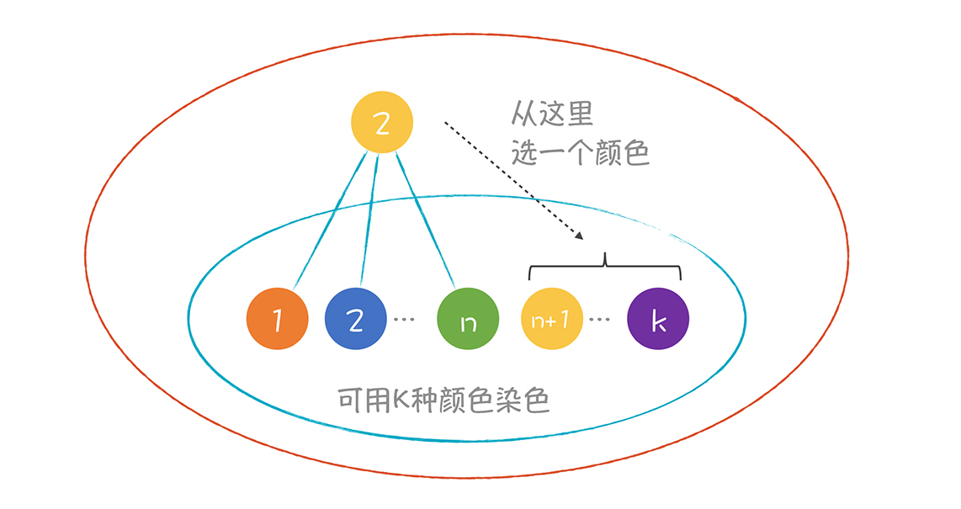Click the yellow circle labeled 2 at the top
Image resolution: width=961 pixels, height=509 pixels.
click(x=382, y=123)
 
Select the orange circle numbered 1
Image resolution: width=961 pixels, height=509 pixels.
click(x=277, y=320)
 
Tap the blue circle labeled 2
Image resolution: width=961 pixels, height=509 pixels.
click(x=355, y=320)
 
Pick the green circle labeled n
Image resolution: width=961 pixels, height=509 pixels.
click(x=469, y=320)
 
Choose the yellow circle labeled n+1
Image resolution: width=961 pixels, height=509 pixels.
click(x=552, y=320)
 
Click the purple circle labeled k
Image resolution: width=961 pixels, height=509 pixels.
click(x=658, y=320)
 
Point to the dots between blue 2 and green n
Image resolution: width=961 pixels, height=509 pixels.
click(x=404, y=321)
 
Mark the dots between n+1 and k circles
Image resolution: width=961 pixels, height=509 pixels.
click(x=600, y=321)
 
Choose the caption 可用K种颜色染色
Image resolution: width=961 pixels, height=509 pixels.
click(x=443, y=399)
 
